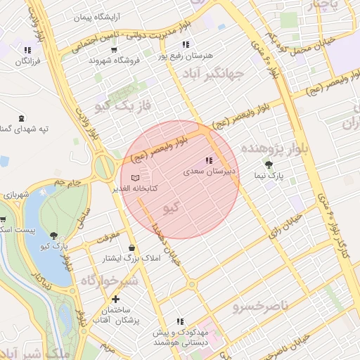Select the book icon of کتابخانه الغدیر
pyautogui.click(x=135, y=179)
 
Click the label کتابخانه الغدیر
pyautogui.click(x=134, y=188)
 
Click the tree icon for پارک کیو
pyautogui.click(x=56, y=235)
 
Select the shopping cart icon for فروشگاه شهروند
pyautogui.click(x=114, y=50)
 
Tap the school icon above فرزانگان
pyautogui.click(x=27, y=50)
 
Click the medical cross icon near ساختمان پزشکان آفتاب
pyautogui.click(x=115, y=300)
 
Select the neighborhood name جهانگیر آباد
pyautogui.click(x=212, y=73)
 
